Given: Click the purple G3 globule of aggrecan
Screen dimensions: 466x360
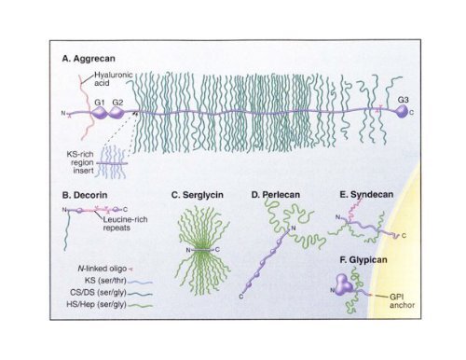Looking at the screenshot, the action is [x=401, y=112].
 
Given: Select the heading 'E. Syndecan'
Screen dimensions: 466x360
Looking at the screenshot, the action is [x=368, y=196].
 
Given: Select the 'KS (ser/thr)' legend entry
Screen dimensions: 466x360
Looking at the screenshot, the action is [x=103, y=279].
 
